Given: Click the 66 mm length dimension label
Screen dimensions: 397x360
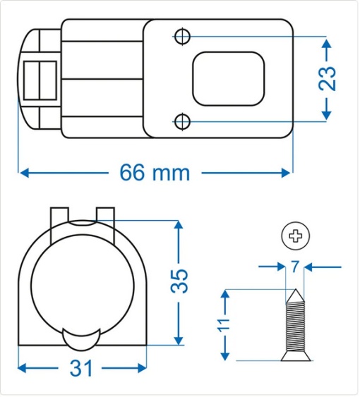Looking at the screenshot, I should point(155,172).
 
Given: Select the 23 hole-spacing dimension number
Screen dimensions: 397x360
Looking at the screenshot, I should point(327,78).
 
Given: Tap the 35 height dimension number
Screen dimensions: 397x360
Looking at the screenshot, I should point(179,281).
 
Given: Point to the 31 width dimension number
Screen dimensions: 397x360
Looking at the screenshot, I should point(82,368).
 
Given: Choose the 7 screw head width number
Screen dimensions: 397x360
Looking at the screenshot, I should point(294,267).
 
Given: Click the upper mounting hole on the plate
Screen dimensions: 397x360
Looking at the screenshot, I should point(182,36).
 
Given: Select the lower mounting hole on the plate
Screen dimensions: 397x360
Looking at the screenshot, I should point(182,122).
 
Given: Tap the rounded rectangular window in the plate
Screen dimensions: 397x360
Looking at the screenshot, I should point(228,78).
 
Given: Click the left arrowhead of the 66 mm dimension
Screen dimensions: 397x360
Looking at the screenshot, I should point(23,172).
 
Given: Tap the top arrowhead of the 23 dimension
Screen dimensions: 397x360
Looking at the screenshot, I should point(327,43).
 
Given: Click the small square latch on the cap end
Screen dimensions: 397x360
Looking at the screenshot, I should point(40,78).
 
